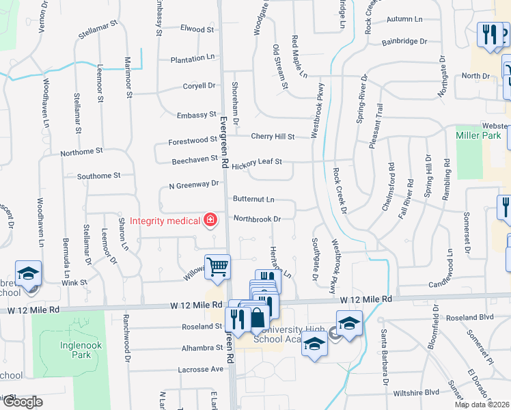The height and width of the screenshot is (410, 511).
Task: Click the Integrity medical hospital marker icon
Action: click(x=210, y=220)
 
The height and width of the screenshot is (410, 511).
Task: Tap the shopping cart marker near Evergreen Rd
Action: click(x=218, y=266)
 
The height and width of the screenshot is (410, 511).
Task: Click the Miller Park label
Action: click(x=473, y=136)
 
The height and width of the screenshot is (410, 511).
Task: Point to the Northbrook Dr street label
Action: click(x=258, y=219)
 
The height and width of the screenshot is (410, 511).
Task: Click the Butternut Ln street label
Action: click(x=253, y=200)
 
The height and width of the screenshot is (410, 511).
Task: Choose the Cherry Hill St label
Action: click(x=273, y=137)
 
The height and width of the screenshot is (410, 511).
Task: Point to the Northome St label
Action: click(x=81, y=151)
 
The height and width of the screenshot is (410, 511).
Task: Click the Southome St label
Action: click(x=98, y=176)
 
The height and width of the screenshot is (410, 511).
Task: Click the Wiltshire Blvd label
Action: click(x=416, y=393)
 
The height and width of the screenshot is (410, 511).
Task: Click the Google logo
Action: click(x=22, y=402)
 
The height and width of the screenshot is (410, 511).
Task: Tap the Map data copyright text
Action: click(x=482, y=405)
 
